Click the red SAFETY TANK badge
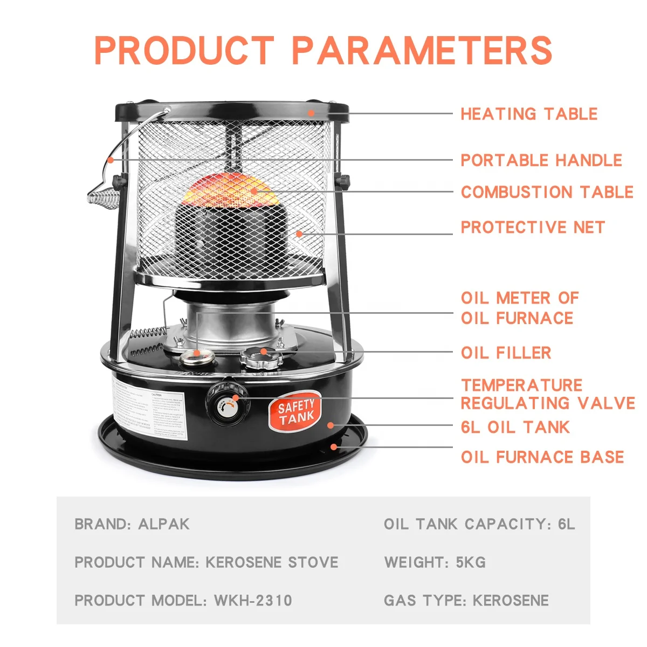(x=295, y=411)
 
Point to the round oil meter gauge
(x=197, y=356)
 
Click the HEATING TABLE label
(x=528, y=114)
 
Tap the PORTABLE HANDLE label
(x=541, y=160)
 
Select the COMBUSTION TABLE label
(x=547, y=192)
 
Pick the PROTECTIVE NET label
(x=532, y=227)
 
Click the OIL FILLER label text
(x=506, y=353)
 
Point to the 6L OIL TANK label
(x=515, y=427)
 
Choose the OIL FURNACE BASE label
(x=542, y=457)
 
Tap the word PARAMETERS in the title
(x=422, y=51)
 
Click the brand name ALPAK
(x=164, y=524)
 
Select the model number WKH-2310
(x=253, y=601)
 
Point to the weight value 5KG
(x=470, y=562)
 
